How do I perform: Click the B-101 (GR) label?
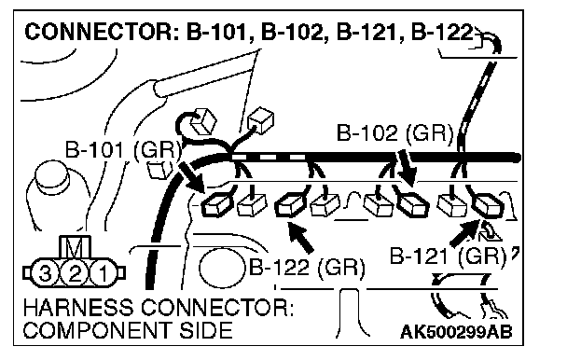(x=122, y=149)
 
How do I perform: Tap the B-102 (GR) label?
(x=394, y=132)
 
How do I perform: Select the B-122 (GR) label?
(x=307, y=268)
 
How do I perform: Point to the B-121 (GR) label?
(x=448, y=256)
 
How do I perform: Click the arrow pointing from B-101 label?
(x=191, y=177)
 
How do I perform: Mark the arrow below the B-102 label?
(x=407, y=168)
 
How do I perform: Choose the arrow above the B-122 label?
(x=299, y=237)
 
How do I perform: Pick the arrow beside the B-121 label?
(x=464, y=232)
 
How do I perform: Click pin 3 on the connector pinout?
(x=44, y=273)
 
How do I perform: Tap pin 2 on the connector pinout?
(x=74, y=273)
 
